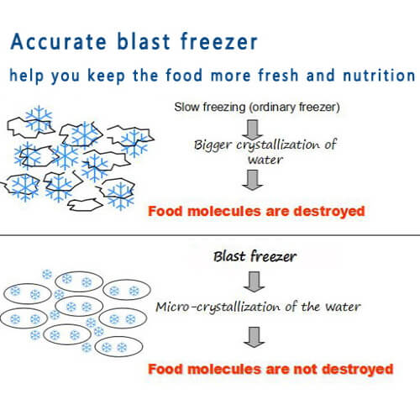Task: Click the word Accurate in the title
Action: (x=59, y=41)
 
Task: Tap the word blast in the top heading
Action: (x=144, y=41)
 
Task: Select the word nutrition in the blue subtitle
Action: (x=379, y=75)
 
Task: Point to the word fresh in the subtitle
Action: (x=278, y=75)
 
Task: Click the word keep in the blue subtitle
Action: (x=106, y=76)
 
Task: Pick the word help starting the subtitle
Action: (x=27, y=76)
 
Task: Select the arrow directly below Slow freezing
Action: (x=253, y=129)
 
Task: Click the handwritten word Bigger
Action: (x=213, y=145)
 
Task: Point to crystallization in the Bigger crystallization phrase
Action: (x=278, y=145)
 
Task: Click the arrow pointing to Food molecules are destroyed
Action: (x=253, y=180)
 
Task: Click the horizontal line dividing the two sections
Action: (x=210, y=235)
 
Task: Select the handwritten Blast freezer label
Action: (x=255, y=256)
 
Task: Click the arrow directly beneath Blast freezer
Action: (x=254, y=281)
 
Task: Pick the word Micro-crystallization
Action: (x=218, y=307)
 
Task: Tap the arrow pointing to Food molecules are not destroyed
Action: (x=254, y=337)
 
